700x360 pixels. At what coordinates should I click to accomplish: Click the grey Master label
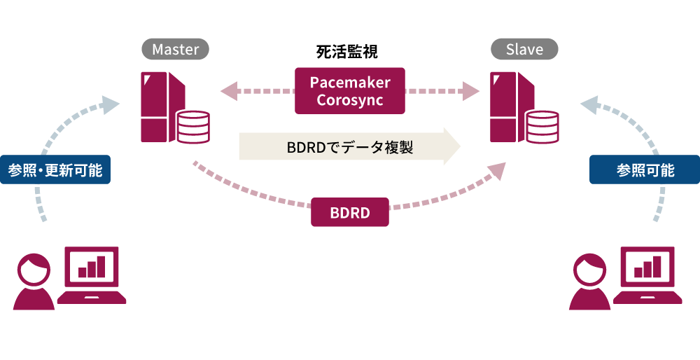176,49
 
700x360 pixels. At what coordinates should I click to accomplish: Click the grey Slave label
524,49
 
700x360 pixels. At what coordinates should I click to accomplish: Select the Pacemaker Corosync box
350,91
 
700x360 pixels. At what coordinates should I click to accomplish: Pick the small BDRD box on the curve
349,213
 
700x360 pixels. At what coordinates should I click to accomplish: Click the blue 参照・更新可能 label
55,169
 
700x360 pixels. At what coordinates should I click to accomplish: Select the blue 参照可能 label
645,169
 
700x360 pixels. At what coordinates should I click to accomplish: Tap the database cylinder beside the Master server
193,126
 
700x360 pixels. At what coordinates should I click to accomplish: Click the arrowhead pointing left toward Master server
229,91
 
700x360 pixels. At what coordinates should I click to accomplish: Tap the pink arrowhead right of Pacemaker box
470,91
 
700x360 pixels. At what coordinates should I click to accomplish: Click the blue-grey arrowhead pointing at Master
110,105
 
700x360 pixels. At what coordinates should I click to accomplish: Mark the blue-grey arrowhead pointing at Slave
589,106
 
